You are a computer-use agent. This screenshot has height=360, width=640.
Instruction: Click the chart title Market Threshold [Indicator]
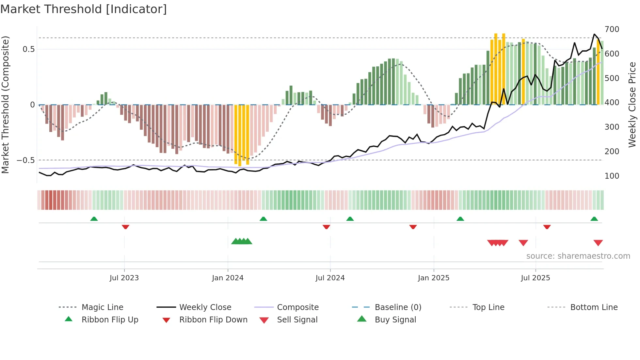(x=84, y=9)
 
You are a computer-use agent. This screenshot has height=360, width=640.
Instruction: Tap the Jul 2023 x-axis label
(x=124, y=278)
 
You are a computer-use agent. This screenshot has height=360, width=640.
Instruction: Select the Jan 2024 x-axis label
(x=228, y=278)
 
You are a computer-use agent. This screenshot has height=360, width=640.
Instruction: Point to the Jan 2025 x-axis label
(x=434, y=278)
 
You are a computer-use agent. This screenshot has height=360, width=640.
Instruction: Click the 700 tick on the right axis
(x=612, y=29)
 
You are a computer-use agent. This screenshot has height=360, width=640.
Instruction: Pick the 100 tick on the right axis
(x=612, y=176)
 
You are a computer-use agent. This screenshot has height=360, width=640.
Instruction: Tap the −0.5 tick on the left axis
(x=26, y=160)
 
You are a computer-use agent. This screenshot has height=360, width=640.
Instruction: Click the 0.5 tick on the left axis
(x=28, y=49)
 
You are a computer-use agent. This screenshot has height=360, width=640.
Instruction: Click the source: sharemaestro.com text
(x=578, y=256)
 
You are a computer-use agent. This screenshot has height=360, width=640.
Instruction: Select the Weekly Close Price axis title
(x=632, y=105)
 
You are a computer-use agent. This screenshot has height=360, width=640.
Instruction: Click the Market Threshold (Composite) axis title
(x=5, y=105)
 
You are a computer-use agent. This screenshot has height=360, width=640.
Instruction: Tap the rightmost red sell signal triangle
(x=598, y=243)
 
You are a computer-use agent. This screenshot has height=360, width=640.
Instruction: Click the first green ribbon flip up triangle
(x=94, y=219)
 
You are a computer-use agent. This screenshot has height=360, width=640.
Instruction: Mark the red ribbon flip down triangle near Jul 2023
(x=125, y=227)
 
